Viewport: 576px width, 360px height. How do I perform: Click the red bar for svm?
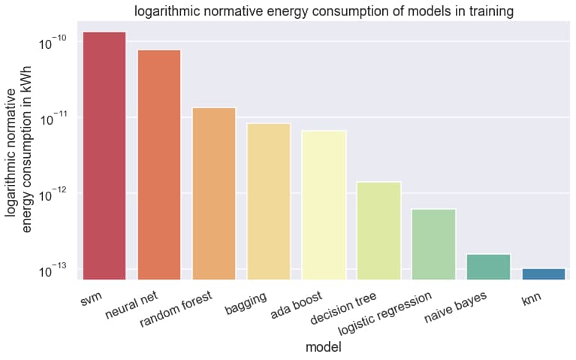pos(104,156)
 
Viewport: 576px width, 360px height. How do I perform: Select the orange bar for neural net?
pos(159,165)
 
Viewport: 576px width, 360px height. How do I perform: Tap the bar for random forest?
pos(214,193)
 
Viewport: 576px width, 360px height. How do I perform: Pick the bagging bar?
pos(269,201)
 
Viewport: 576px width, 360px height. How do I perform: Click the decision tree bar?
pos(378,230)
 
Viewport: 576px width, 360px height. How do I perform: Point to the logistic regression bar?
pos(433,244)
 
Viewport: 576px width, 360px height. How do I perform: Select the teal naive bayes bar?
pos(488,266)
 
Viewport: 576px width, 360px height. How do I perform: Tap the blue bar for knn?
pos(543,274)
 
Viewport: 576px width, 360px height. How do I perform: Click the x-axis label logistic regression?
pos(385,315)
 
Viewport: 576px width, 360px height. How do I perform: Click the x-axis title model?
pos(324,347)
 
